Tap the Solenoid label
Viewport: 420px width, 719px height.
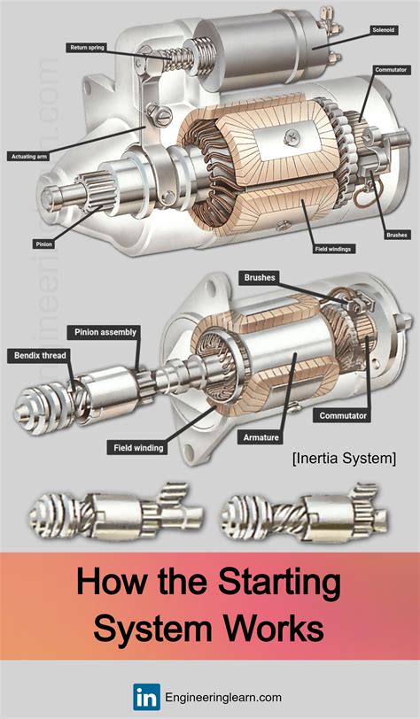click(x=383, y=29)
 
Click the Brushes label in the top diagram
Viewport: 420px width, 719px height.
click(x=396, y=235)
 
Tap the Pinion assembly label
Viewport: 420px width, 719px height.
click(x=103, y=332)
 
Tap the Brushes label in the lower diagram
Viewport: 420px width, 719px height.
click(x=260, y=277)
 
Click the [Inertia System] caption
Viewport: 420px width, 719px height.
click(x=342, y=458)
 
